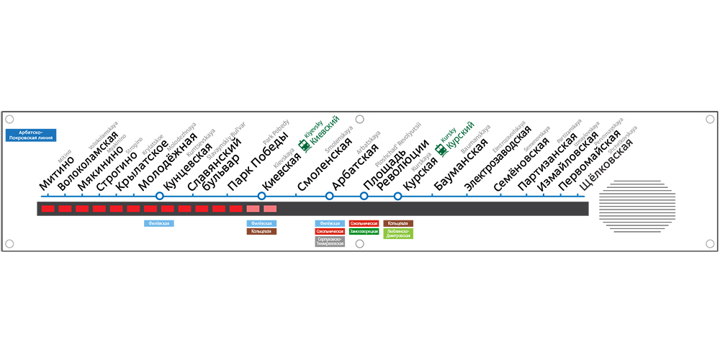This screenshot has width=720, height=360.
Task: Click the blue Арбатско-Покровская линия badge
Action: coord(31,135)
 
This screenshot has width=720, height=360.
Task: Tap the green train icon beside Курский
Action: coord(441,150)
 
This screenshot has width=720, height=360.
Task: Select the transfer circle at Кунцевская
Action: coord(160,196)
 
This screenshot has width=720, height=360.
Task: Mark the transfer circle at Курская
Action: coord(397,196)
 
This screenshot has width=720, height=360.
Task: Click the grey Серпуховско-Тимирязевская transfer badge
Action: coord(330,242)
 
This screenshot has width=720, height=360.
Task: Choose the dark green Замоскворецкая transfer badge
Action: coord(364,232)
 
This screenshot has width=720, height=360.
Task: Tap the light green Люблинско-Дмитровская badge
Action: coord(398,234)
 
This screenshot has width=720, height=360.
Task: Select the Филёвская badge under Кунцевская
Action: coord(159,224)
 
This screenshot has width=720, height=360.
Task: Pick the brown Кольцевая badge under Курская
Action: coord(398,224)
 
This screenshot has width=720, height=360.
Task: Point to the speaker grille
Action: coord(640,206)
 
